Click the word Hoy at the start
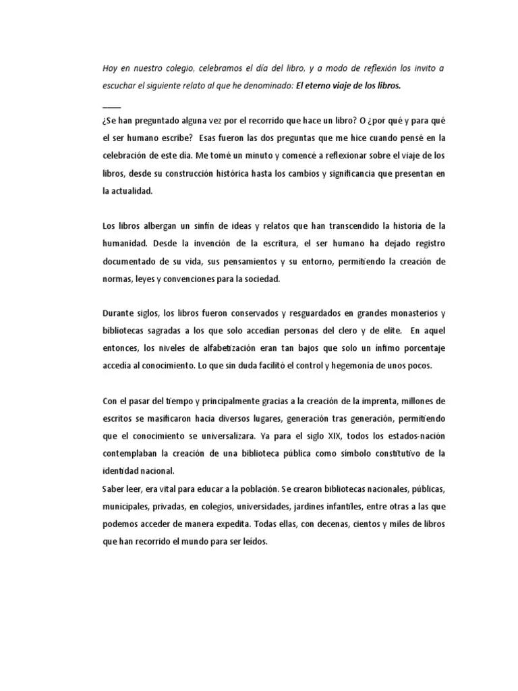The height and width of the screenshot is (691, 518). (x=110, y=68)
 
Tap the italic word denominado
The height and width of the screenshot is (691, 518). (x=268, y=86)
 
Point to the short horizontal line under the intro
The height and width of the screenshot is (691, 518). (x=111, y=107)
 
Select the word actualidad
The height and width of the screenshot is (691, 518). (x=132, y=190)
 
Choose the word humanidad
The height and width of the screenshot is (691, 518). (x=125, y=243)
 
